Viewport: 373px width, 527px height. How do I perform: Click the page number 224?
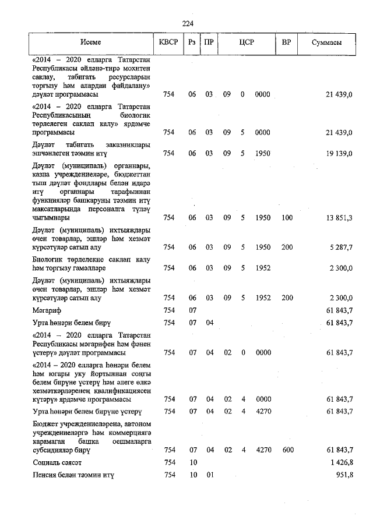(187, 23)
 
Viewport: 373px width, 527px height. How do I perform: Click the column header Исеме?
(91, 43)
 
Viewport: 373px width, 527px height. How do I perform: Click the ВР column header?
(286, 43)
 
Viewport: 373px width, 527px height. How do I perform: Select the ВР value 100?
(287, 218)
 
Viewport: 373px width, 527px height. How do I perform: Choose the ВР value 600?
(287, 450)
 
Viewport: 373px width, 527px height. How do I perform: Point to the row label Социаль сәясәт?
(57, 462)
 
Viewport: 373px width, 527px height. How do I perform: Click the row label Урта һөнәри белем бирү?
(71, 323)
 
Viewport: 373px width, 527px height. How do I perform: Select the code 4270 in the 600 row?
(263, 450)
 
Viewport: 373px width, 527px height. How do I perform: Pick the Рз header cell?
(192, 43)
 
